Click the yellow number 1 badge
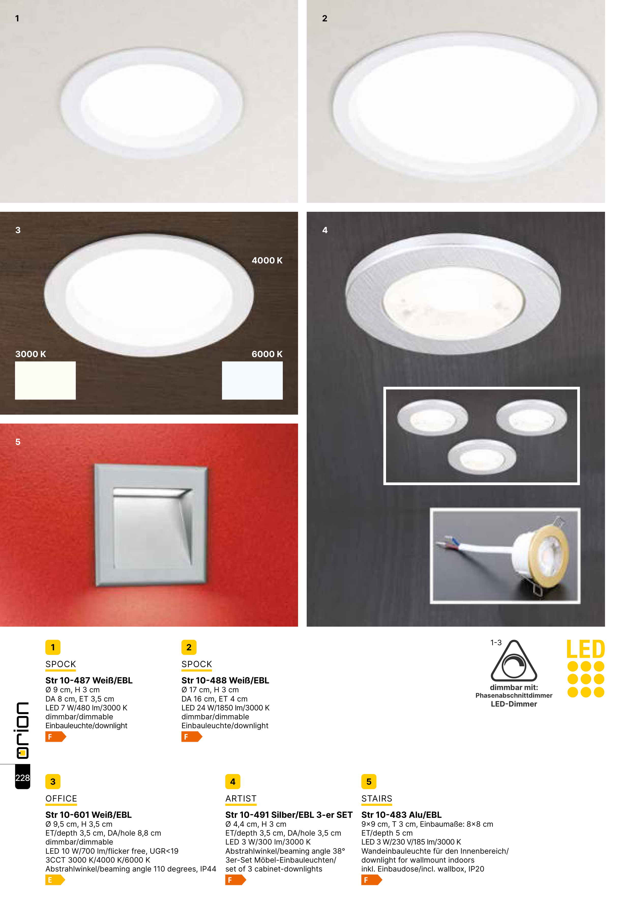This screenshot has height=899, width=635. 53,647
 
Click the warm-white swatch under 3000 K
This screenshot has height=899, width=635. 45,380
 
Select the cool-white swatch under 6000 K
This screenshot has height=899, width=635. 252,380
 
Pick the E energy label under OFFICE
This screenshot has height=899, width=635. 55,880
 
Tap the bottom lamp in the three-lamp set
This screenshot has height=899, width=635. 482,457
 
